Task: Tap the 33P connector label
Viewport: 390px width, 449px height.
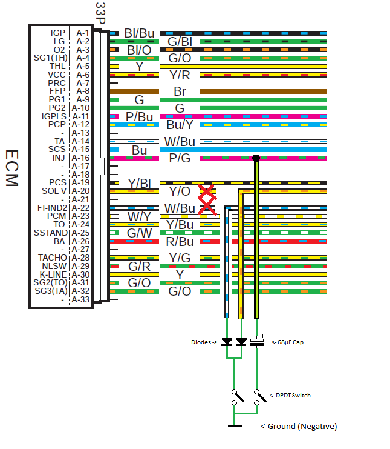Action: pyautogui.click(x=100, y=13)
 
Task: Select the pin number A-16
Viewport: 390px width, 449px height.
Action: pyautogui.click(x=80, y=158)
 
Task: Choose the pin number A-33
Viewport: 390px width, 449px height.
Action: pyautogui.click(x=80, y=299)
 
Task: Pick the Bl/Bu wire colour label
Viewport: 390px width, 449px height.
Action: pyautogui.click(x=138, y=33)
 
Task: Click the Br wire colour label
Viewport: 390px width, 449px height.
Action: pyautogui.click(x=180, y=91)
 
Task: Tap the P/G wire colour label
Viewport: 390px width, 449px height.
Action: pyautogui.click(x=180, y=158)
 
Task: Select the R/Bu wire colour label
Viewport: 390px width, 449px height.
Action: pyautogui.click(x=180, y=241)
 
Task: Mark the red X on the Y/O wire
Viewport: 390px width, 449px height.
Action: pyautogui.click(x=207, y=191)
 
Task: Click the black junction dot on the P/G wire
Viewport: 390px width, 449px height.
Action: pyautogui.click(x=256, y=158)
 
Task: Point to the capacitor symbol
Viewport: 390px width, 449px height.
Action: pyautogui.click(x=256, y=342)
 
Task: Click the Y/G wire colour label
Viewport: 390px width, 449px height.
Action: pyautogui.click(x=180, y=258)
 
